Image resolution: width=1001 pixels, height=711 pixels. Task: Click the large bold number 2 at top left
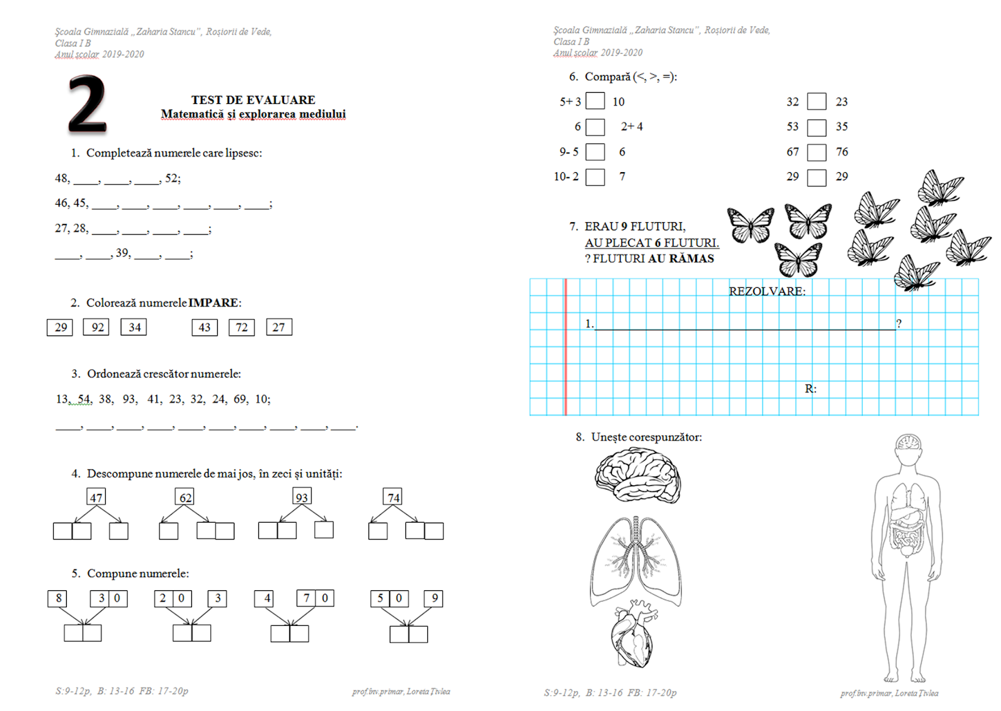(88, 104)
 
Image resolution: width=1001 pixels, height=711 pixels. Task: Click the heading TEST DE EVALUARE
(253, 100)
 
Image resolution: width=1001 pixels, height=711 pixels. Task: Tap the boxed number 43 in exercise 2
(205, 327)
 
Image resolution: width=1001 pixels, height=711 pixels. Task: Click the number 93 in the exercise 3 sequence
(129, 399)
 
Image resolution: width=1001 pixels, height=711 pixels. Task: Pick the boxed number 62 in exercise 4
(185, 497)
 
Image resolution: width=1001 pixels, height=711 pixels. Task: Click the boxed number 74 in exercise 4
(393, 497)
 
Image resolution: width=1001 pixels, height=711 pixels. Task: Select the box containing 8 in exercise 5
(58, 598)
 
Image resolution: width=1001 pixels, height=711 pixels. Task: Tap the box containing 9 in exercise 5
(434, 598)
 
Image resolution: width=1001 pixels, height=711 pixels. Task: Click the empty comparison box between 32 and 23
(816, 101)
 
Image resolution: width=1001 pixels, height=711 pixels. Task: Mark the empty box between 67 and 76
(816, 152)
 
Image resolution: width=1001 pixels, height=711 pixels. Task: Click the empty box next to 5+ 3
(595, 101)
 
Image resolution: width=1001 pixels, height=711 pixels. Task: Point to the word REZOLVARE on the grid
(767, 291)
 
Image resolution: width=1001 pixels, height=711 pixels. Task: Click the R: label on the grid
(810, 389)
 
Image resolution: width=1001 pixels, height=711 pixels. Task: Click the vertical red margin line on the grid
(566, 347)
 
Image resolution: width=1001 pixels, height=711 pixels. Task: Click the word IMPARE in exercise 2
(213, 303)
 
